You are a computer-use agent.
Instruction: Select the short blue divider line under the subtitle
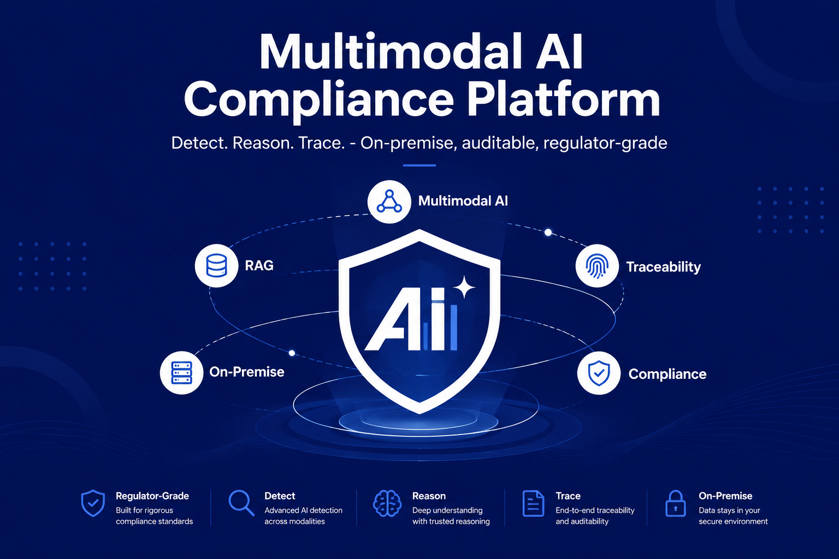pyautogui.click(x=419, y=165)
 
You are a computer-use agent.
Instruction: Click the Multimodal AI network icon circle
pyautogui.click(x=389, y=202)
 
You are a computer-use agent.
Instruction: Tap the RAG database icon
pyautogui.click(x=216, y=266)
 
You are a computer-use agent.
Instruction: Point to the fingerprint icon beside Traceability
pyautogui.click(x=597, y=266)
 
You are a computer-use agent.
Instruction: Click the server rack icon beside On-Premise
pyautogui.click(x=182, y=372)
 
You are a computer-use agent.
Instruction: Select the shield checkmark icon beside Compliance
pyautogui.click(x=599, y=373)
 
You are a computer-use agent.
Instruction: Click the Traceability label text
pyautogui.click(x=663, y=267)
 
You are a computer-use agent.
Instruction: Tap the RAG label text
pyautogui.click(x=259, y=265)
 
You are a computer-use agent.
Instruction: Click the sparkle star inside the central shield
pyautogui.click(x=464, y=287)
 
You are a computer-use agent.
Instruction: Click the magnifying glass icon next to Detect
pyautogui.click(x=241, y=503)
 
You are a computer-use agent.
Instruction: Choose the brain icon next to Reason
pyautogui.click(x=387, y=503)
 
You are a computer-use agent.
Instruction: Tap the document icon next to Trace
pyautogui.click(x=533, y=503)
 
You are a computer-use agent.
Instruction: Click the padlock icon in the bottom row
pyautogui.click(x=675, y=503)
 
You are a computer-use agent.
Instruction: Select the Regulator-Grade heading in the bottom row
pyautogui.click(x=152, y=496)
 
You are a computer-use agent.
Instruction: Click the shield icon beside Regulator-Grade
pyautogui.click(x=93, y=503)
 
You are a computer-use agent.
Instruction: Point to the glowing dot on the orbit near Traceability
pyautogui.click(x=548, y=233)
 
